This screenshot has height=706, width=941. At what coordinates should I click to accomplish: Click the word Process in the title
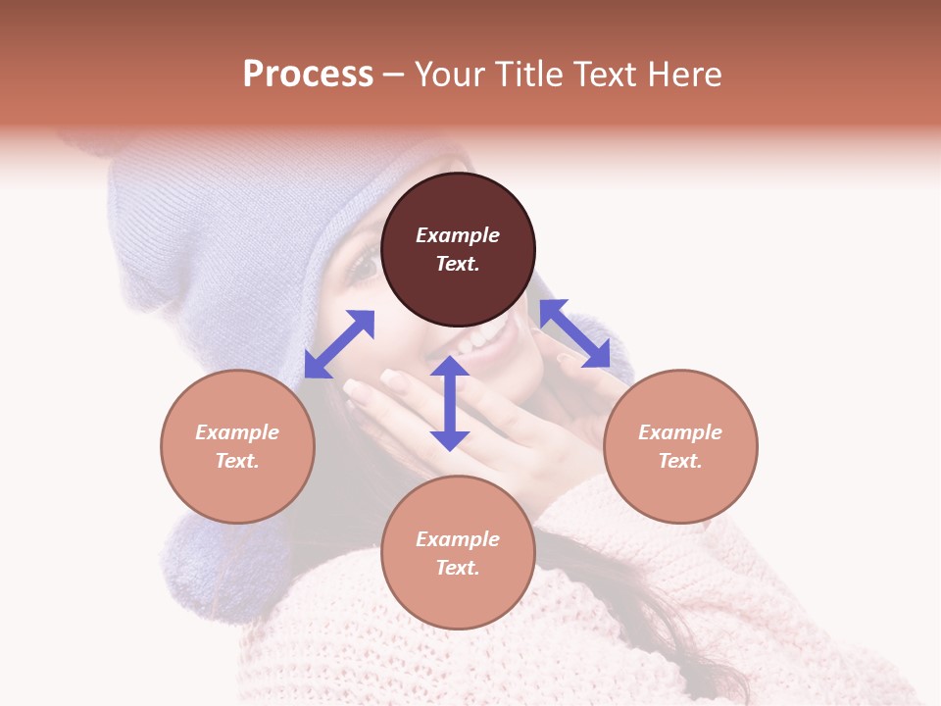coord(308,75)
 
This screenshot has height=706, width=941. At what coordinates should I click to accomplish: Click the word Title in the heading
coord(523,75)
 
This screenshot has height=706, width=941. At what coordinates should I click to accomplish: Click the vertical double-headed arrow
coord(450,403)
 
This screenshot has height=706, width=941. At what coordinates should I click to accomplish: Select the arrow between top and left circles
coord(339,344)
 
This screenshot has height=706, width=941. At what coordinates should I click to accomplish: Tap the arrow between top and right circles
coord(574,334)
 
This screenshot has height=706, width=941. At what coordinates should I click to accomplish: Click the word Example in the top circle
coord(458,235)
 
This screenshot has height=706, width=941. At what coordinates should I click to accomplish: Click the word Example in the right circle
coord(680,432)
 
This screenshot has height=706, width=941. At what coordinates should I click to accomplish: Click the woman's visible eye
coord(364,263)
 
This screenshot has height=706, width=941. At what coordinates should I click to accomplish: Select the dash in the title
coord(393,76)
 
